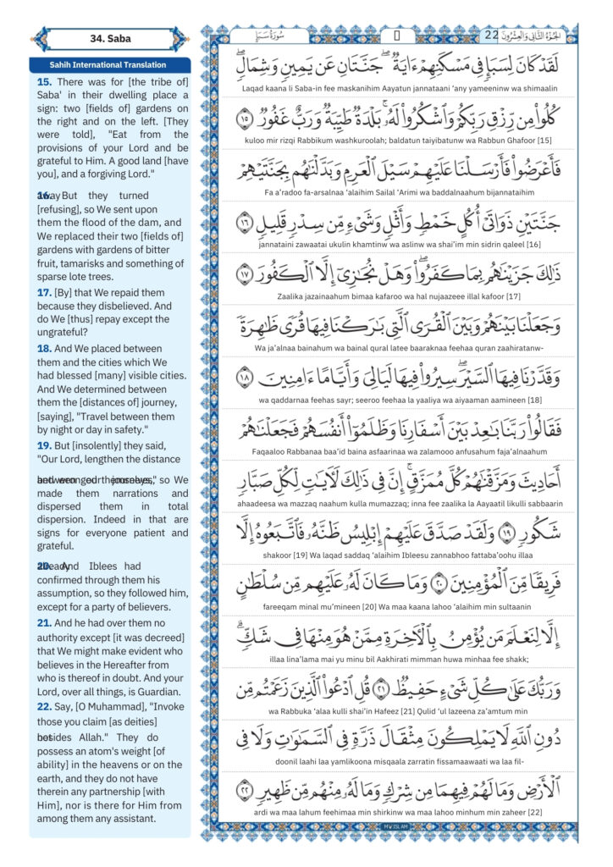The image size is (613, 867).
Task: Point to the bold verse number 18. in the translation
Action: pyautogui.click(x=44, y=347)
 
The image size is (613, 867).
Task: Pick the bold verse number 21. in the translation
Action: pyautogui.click(x=44, y=622)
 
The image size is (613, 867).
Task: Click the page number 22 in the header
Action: pyautogui.click(x=493, y=36)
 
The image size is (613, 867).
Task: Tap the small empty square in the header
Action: pyautogui.click(x=396, y=36)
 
